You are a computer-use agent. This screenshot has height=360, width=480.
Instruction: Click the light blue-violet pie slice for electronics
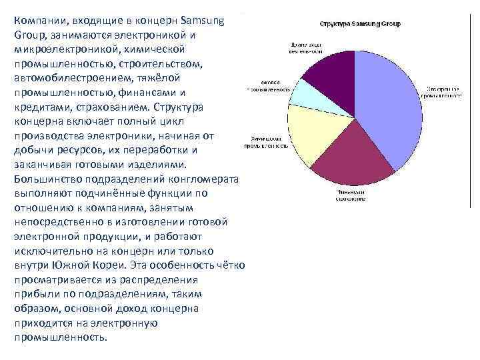[393, 107]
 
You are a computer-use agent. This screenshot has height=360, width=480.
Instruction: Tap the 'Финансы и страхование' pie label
[351, 195]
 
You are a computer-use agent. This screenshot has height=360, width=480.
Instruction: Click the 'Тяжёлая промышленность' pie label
[269, 85]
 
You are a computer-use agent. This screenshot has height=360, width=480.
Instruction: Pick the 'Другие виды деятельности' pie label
[307, 48]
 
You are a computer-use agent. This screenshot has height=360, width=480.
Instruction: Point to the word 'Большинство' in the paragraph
[49, 179]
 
